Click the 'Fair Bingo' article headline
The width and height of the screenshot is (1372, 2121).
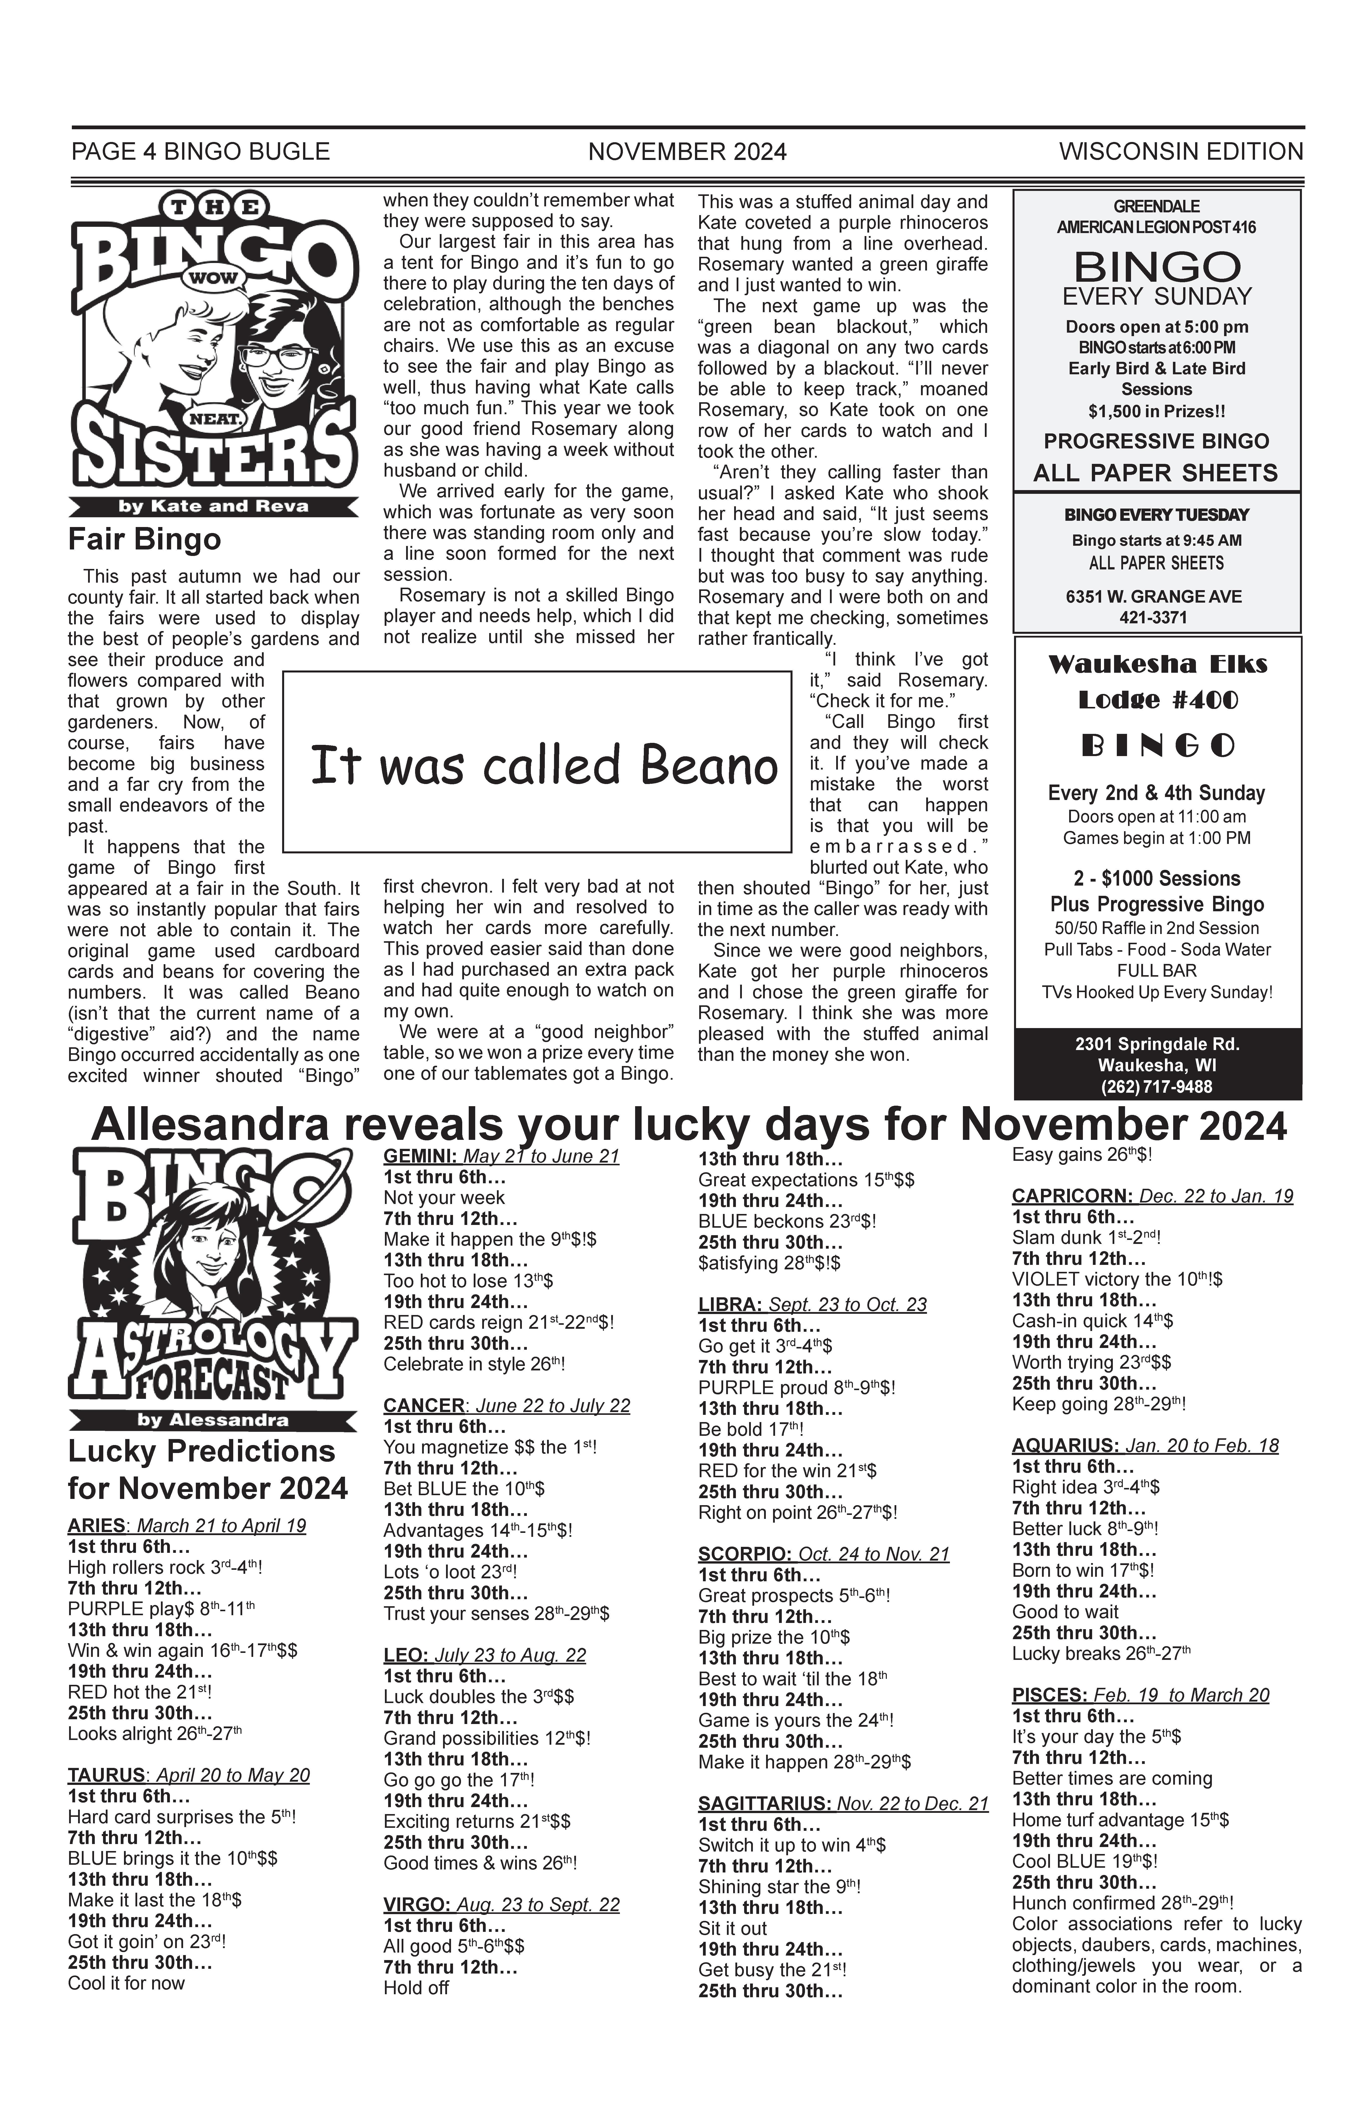tap(144, 540)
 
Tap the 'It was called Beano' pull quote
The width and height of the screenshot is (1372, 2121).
tap(544, 766)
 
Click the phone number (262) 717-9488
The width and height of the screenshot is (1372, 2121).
tap(1157, 1086)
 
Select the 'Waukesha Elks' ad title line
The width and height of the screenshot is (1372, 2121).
tap(1157, 664)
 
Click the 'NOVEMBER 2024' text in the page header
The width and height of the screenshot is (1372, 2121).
tap(687, 152)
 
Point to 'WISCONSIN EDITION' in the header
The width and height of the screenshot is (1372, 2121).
tap(1180, 152)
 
